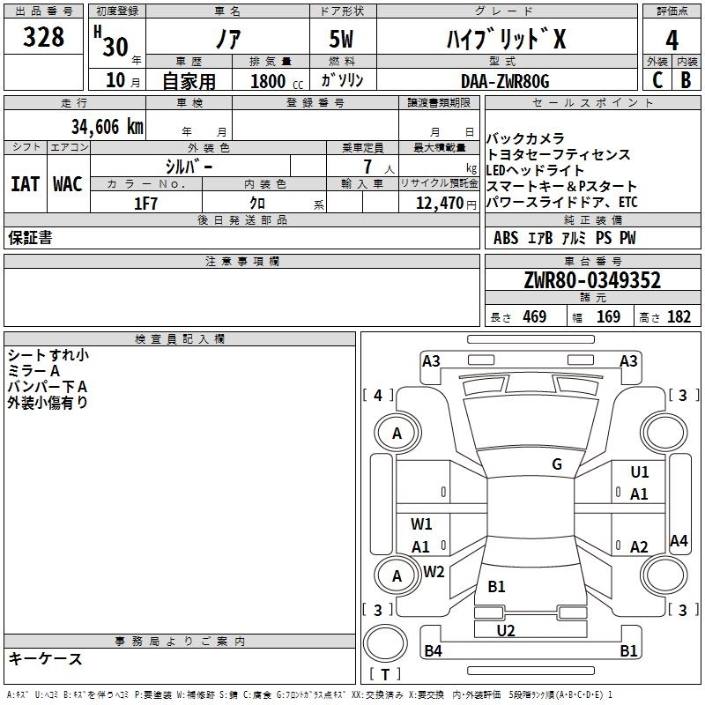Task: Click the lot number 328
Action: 44,38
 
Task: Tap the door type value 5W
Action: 343,38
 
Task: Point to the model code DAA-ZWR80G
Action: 504,81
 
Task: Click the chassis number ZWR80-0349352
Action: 591,281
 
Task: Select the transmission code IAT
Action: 24,184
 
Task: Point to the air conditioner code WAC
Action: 67,184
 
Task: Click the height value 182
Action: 679,317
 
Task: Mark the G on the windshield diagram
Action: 557,464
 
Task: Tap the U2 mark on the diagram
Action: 506,630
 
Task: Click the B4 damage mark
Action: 433,651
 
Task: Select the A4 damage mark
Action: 679,541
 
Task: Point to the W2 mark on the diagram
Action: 434,571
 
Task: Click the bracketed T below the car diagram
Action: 384,676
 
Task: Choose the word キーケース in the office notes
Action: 46,659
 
